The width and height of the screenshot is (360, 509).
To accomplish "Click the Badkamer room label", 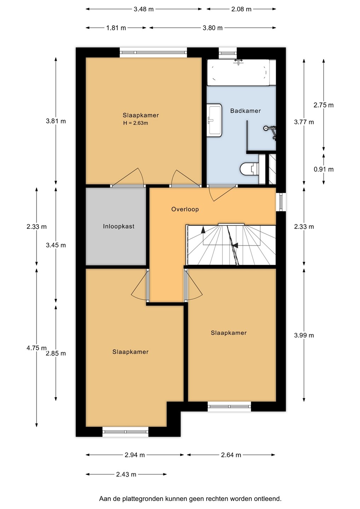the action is [x=245, y=111].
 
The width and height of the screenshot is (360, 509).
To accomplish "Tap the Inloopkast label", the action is [x=118, y=226].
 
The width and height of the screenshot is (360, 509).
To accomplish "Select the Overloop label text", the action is [x=185, y=209].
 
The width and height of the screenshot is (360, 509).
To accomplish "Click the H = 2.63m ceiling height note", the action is [x=135, y=123].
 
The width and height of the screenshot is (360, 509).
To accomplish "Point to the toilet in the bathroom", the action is [x=250, y=169].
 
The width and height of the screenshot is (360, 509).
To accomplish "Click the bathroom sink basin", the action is [x=214, y=120].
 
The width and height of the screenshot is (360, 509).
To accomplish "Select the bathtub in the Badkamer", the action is [x=238, y=72].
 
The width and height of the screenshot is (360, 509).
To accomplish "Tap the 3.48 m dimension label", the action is [x=144, y=9].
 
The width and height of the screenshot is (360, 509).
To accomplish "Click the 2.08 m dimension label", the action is [x=242, y=9].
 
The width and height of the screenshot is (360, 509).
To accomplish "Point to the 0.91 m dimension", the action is [x=324, y=169].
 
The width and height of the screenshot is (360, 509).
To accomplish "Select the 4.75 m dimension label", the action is [x=36, y=348].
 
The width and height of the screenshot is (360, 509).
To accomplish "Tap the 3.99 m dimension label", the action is [x=304, y=335].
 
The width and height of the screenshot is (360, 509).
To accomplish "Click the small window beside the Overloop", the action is [x=281, y=202].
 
